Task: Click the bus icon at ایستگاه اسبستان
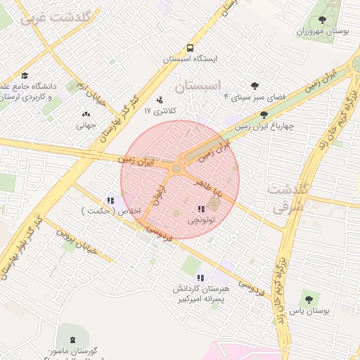pos(190,49)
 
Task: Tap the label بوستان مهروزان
pos(322,32)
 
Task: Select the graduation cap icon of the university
pos(25,76)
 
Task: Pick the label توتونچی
pos(202,220)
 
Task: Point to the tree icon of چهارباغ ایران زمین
pos(264,115)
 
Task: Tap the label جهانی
pos(86,125)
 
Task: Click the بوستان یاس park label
pos(308,310)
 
